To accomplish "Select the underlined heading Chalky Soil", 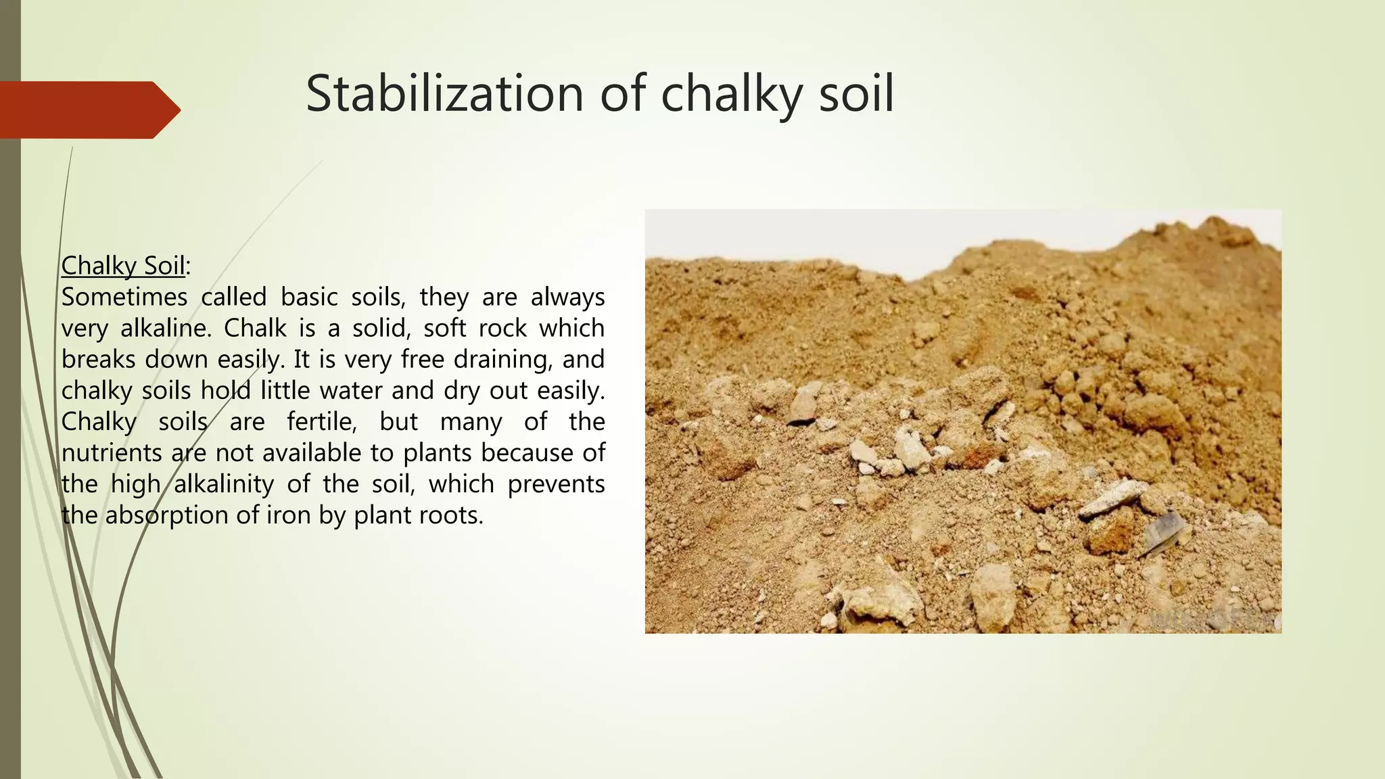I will click(123, 266).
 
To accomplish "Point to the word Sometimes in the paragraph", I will click(124, 297).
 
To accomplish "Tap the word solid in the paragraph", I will click(381, 328).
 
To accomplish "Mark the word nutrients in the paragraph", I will click(112, 453).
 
